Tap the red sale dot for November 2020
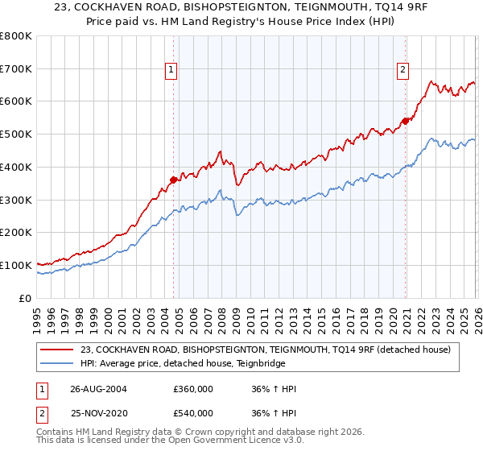pos(405,121)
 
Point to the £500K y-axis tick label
pos(16,134)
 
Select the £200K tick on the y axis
pos(16,233)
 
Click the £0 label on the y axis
pos(26,298)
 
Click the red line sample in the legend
pos(57,349)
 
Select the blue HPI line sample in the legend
pos(57,363)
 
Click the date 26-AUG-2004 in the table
pos(98,389)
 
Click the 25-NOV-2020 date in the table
pos(98,413)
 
